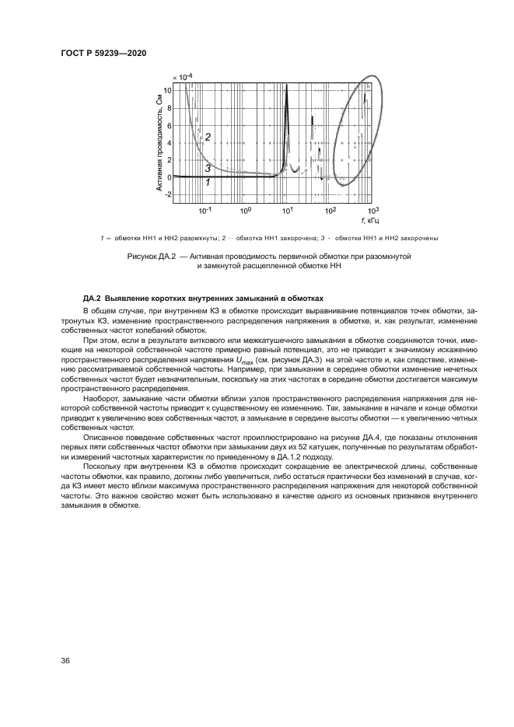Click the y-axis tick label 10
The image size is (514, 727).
(166, 90)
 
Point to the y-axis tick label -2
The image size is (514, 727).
(166, 194)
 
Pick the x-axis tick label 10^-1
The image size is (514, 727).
(205, 211)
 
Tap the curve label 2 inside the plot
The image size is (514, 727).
(208, 137)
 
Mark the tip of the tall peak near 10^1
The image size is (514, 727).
(287, 84)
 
